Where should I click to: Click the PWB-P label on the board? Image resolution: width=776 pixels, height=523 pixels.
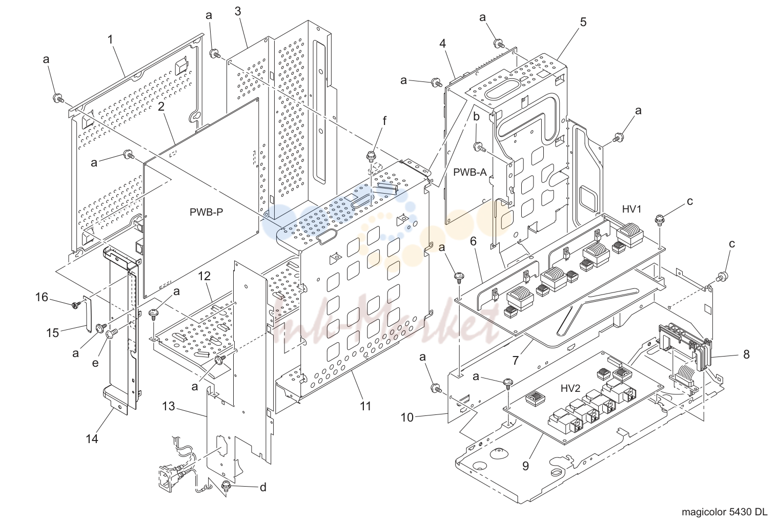point(206,212)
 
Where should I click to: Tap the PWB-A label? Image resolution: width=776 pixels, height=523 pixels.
point(470,172)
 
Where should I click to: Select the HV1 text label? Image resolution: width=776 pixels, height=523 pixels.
point(632,208)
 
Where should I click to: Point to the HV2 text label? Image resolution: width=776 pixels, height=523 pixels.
point(570,388)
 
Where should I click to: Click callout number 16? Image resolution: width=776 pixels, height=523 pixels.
point(42,297)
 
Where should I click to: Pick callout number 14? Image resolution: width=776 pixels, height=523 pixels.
point(92,439)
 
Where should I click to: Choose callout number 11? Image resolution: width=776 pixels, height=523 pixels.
point(365,406)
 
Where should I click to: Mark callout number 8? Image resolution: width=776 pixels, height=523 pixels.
point(747,354)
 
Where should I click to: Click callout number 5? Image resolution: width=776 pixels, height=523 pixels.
point(583,22)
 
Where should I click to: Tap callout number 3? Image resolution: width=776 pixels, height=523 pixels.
point(238,11)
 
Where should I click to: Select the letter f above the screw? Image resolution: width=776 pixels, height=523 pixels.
point(384,121)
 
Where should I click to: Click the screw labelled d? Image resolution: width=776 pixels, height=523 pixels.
point(226,486)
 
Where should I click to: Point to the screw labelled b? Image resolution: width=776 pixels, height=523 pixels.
point(480,147)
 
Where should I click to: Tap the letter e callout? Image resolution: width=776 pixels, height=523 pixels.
point(95,363)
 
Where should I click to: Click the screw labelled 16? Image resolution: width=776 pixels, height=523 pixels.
point(75,305)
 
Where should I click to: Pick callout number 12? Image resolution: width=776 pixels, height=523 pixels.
point(205,276)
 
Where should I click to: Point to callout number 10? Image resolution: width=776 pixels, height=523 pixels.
point(407,418)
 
